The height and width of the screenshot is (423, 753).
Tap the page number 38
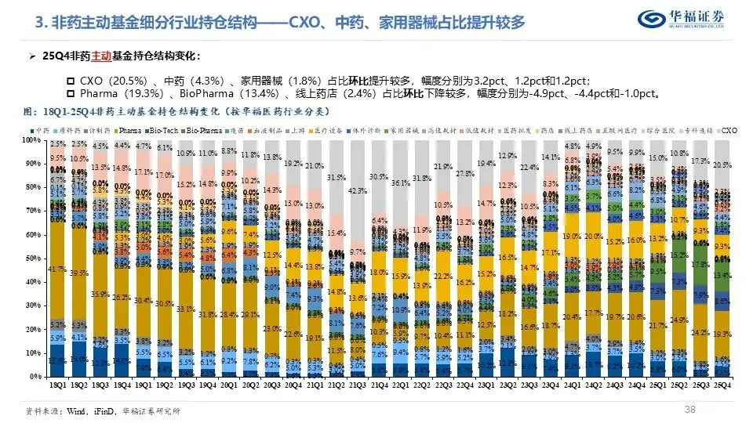pos(690,408)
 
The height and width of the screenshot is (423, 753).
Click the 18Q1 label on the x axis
pos(57,386)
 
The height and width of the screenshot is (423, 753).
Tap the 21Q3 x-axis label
pos(358,386)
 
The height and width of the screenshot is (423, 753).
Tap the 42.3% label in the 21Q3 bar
pos(358,190)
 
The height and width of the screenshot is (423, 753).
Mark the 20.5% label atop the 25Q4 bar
pos(723,165)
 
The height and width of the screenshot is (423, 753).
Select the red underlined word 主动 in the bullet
pos(102,56)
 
